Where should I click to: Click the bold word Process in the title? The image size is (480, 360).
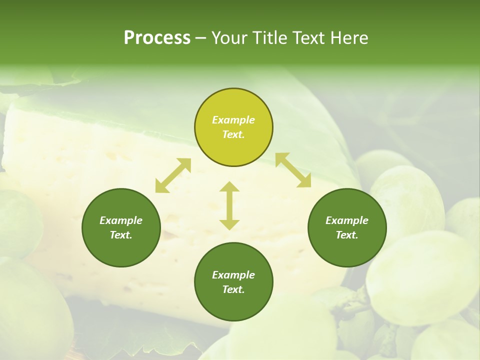click(x=157, y=37)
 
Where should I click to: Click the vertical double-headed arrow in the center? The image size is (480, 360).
click(x=229, y=205)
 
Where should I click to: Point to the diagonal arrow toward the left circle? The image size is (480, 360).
click(x=173, y=175)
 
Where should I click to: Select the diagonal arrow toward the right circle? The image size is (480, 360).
click(x=293, y=170)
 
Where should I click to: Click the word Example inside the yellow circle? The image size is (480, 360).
click(x=233, y=120)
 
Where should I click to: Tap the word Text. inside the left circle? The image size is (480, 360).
click(x=121, y=235)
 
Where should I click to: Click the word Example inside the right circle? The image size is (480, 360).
click(x=347, y=220)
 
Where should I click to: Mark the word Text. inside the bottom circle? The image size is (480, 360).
click(x=233, y=289)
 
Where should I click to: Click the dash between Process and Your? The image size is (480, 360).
click(x=200, y=38)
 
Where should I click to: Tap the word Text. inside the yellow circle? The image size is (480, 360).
click(x=233, y=134)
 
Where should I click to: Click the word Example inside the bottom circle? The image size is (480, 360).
click(x=233, y=275)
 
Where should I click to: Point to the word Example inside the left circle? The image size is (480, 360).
click(x=121, y=220)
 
